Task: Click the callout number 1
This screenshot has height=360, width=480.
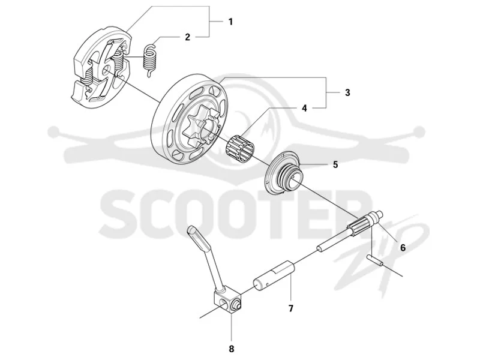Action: coord(230,22)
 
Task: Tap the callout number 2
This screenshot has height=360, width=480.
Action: coord(188,37)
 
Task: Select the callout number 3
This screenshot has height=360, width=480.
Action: coord(347,92)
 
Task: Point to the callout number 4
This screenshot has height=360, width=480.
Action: coord(304,108)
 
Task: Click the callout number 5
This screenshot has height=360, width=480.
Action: coord(335,164)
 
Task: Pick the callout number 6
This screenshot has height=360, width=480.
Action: coord(403,247)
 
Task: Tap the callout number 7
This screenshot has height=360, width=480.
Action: coord(291,308)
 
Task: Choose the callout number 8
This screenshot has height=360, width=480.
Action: coord(232,349)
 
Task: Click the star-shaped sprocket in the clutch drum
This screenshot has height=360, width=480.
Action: coord(199,128)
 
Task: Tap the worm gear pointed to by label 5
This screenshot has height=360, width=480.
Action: coord(283,173)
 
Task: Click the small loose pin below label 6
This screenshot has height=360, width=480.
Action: coord(376,260)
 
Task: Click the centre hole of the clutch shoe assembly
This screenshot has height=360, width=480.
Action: coord(107,71)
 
